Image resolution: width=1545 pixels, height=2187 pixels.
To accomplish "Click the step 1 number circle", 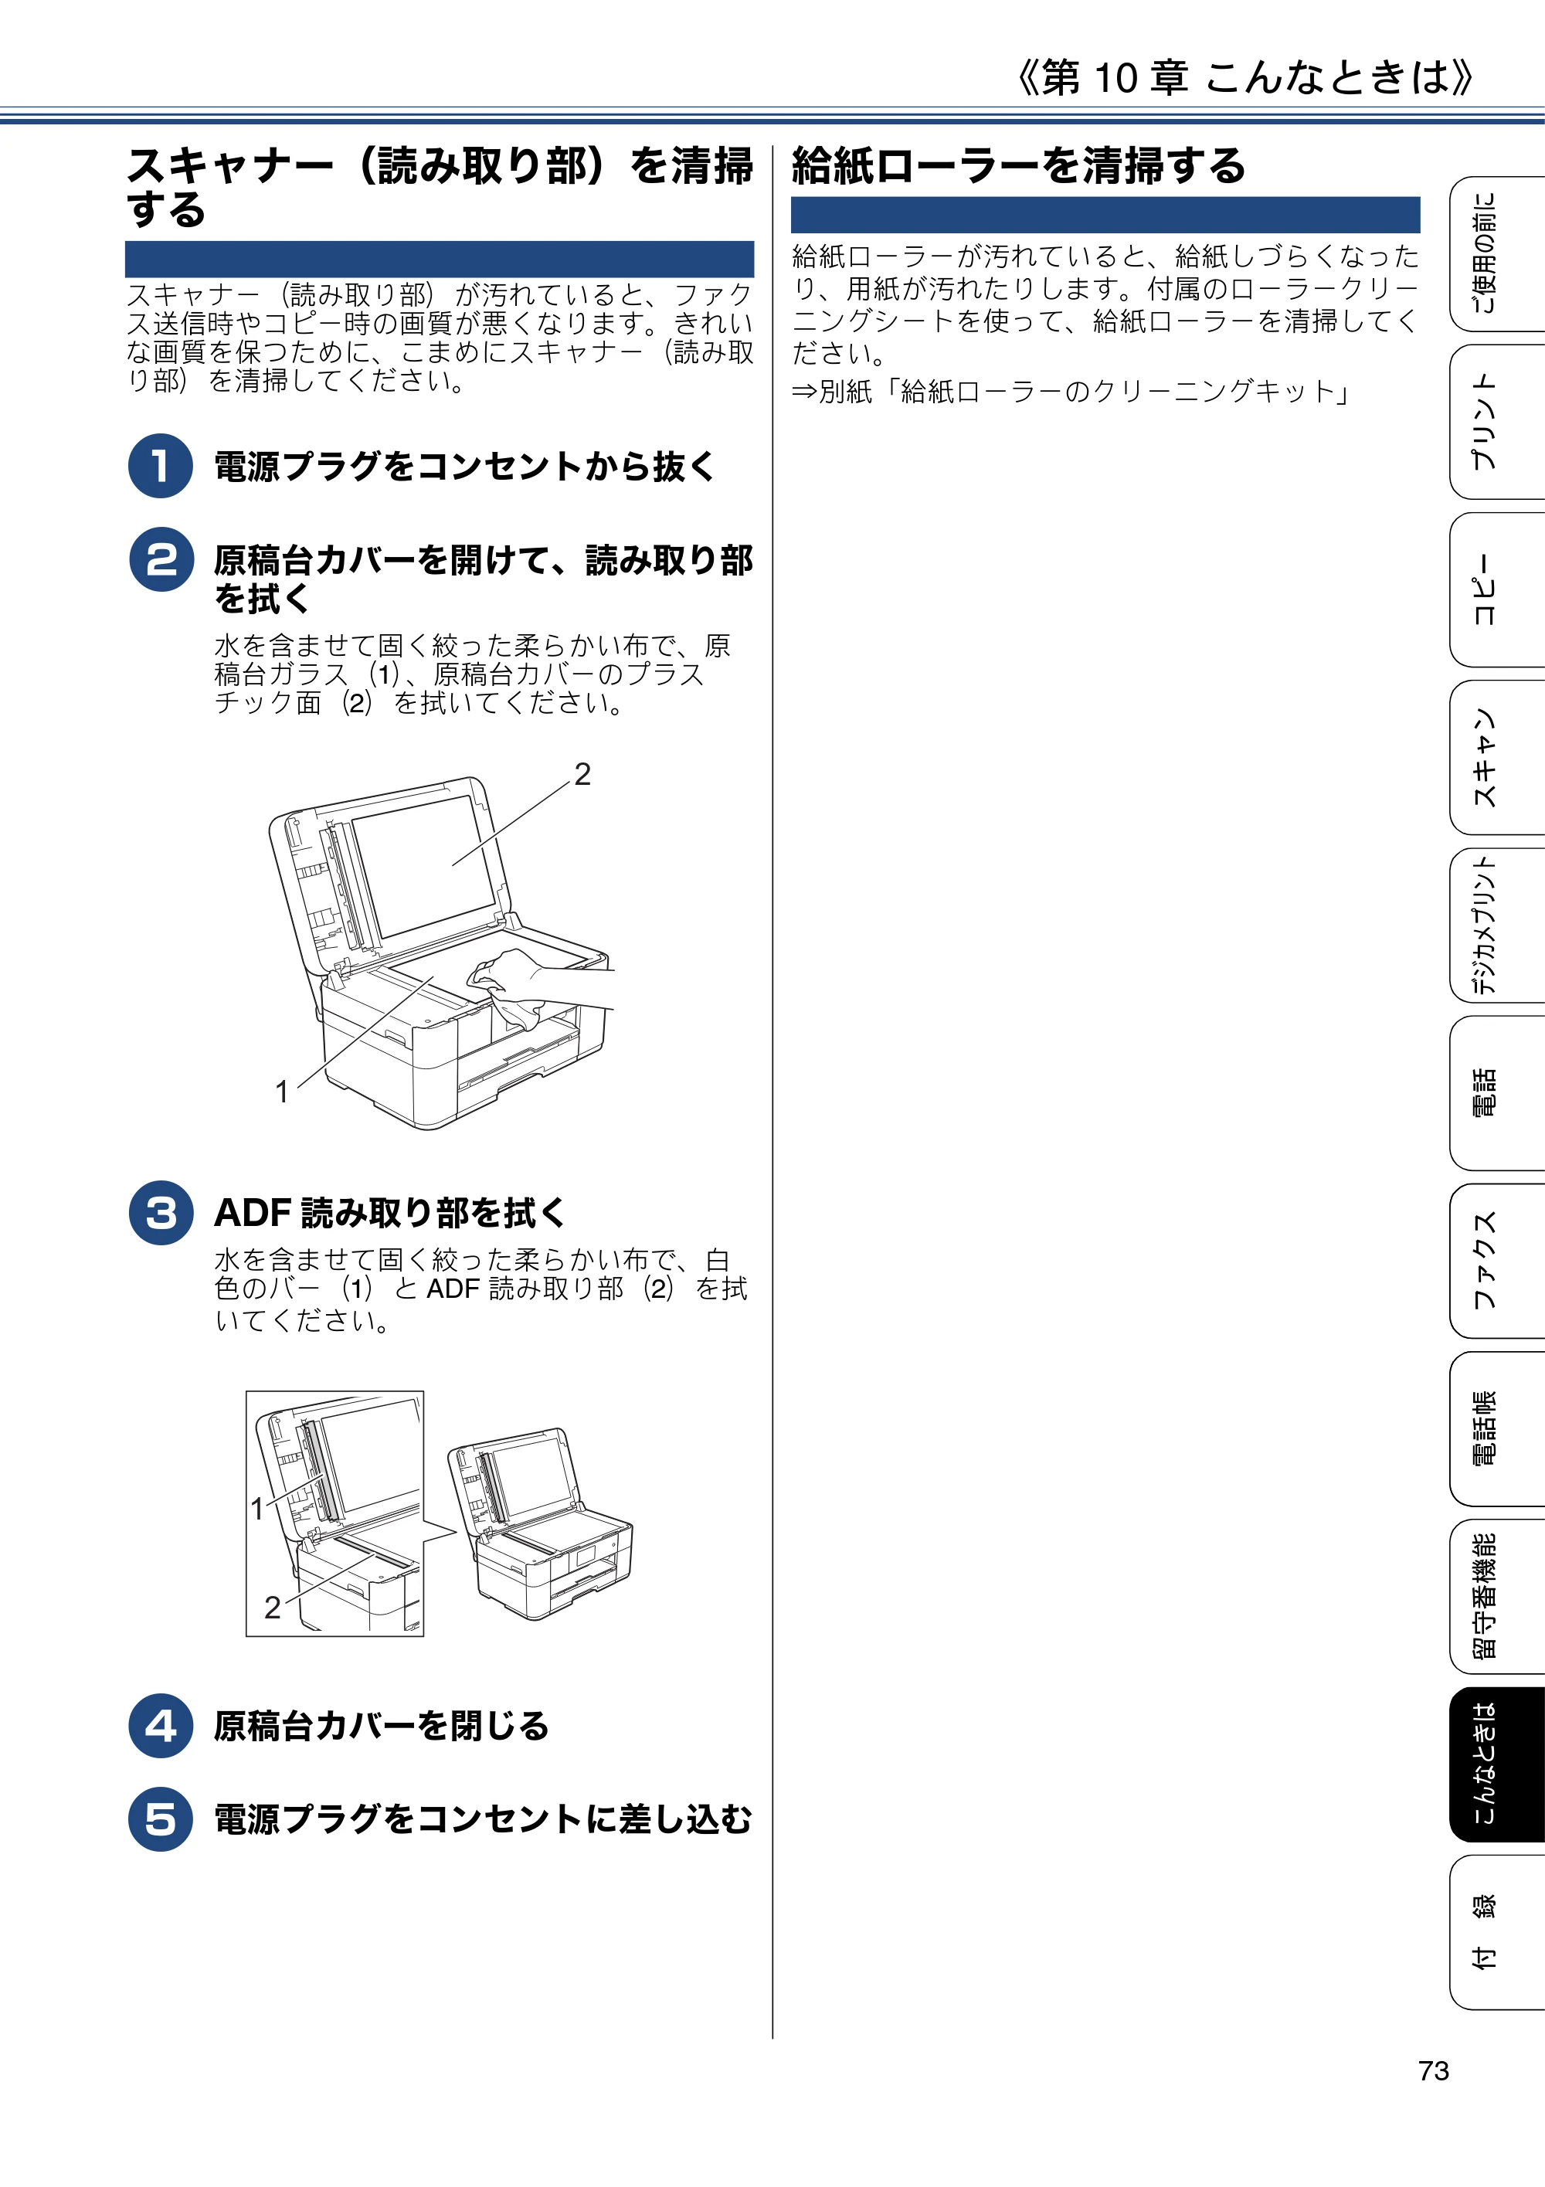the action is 161,466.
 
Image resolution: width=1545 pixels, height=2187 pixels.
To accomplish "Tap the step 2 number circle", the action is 161,560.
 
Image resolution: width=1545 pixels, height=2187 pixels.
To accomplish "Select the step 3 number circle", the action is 161,1213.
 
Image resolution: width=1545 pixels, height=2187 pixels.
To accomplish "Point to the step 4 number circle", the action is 161,1725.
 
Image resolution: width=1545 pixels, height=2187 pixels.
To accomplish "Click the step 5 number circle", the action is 161,1819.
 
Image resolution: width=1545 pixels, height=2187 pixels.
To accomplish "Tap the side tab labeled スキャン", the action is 1496,758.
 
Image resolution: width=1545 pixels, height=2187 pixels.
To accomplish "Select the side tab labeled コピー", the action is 1496,589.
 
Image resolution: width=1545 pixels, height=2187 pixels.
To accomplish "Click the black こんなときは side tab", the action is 1496,1765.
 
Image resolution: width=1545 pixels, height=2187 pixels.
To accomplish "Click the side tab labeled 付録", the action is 1496,1933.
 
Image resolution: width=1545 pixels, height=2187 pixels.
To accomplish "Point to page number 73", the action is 1433,2071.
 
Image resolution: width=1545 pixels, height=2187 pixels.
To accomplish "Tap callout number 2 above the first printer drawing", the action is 582,773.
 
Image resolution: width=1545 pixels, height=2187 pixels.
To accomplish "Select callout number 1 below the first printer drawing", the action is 282,1092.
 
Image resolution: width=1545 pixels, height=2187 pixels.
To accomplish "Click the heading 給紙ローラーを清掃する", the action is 1018,166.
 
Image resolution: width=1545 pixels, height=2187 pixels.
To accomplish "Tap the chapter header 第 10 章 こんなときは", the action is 1246,77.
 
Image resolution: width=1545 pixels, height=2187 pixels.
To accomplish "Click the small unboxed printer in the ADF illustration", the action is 541,1523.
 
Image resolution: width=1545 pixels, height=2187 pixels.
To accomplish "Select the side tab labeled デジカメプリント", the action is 1496,925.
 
